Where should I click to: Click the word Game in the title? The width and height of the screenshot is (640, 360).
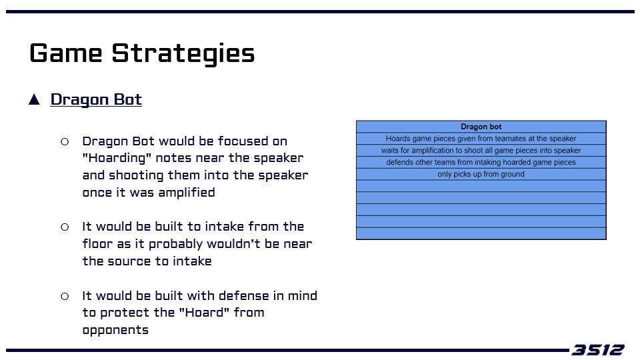[66, 53]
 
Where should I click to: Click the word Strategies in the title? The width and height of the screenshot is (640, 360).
[183, 55]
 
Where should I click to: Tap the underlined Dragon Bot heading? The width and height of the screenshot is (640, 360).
[96, 99]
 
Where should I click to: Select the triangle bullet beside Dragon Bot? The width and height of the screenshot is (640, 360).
[34, 99]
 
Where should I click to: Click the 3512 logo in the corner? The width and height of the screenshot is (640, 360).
[597, 350]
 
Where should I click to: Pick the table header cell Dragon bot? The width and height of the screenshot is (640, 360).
[481, 127]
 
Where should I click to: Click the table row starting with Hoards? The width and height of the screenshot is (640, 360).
[481, 139]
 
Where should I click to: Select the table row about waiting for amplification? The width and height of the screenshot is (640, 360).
[481, 150]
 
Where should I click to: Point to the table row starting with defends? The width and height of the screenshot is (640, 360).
[481, 162]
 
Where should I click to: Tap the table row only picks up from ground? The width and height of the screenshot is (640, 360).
[481, 174]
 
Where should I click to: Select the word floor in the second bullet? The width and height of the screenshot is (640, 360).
[97, 244]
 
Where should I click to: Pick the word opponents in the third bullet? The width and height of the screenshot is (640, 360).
[115, 330]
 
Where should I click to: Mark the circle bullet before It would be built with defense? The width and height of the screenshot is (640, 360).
[65, 296]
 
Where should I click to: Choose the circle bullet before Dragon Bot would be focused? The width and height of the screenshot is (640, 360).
[65, 141]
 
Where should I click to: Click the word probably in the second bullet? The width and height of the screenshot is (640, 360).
[175, 245]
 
